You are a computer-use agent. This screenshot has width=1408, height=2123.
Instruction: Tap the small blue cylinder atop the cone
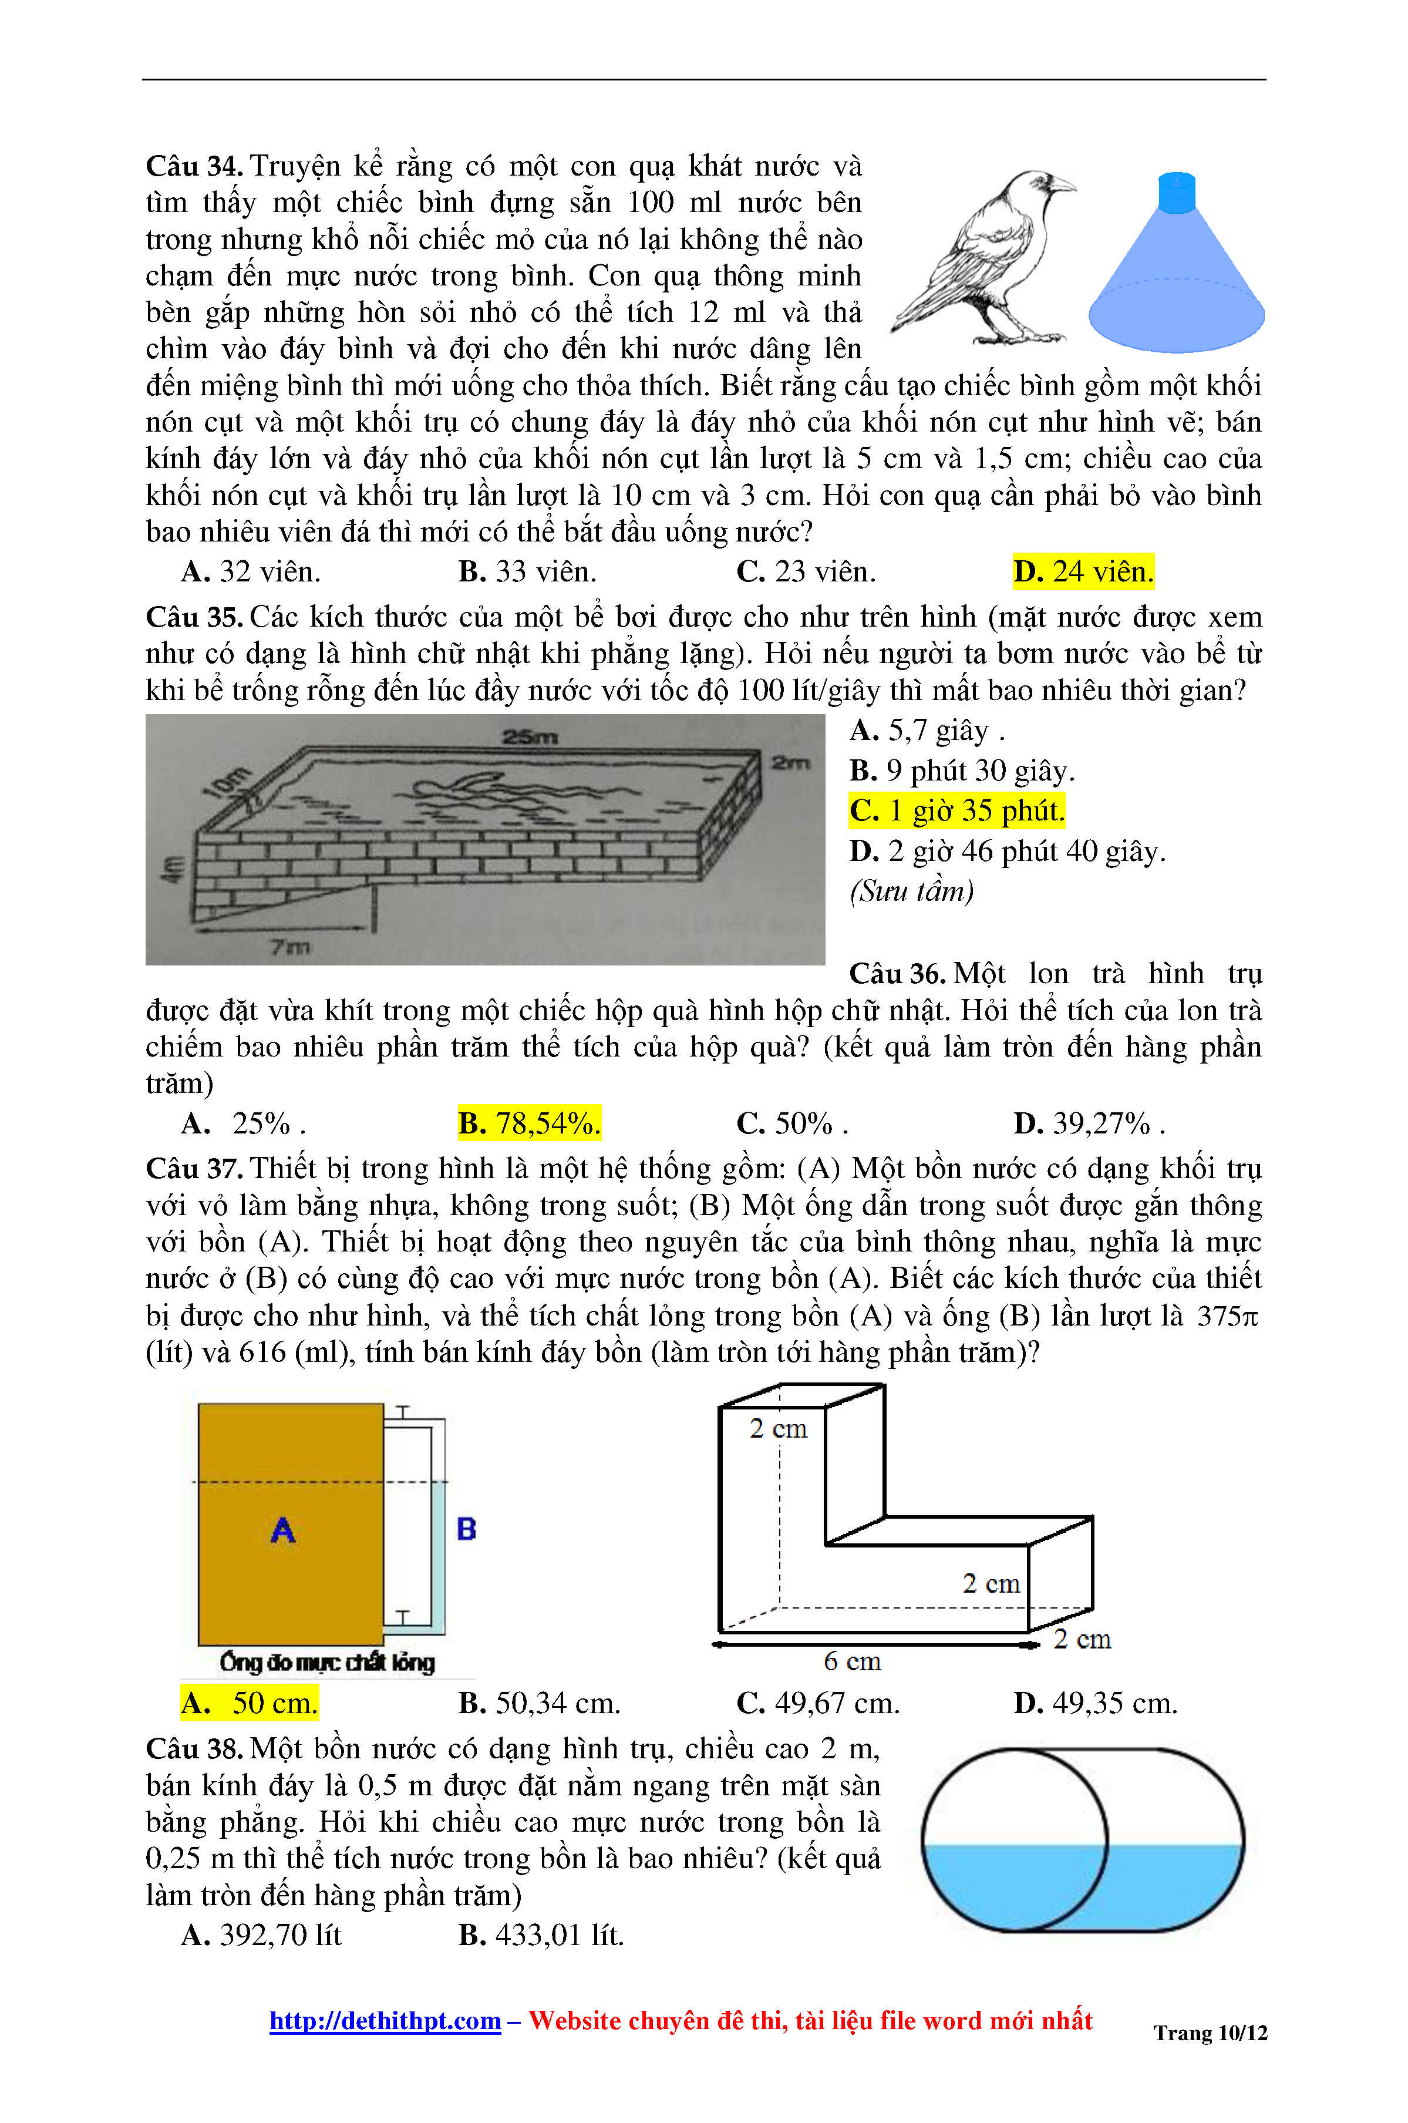(x=1176, y=193)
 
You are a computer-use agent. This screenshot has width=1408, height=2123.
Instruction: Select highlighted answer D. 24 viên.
(x=1083, y=572)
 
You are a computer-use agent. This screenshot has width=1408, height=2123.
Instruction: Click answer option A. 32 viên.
(x=251, y=572)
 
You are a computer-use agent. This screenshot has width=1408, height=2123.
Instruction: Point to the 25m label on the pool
(x=530, y=737)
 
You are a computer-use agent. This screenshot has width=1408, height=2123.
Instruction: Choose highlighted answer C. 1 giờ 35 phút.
(x=957, y=811)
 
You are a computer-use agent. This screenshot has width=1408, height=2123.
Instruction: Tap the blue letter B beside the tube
(x=466, y=1529)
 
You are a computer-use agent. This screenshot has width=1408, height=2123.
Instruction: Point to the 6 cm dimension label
(x=852, y=1661)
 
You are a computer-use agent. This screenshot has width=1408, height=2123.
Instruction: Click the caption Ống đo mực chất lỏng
(x=327, y=1663)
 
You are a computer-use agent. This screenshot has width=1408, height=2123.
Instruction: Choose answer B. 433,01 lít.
(x=541, y=1935)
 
